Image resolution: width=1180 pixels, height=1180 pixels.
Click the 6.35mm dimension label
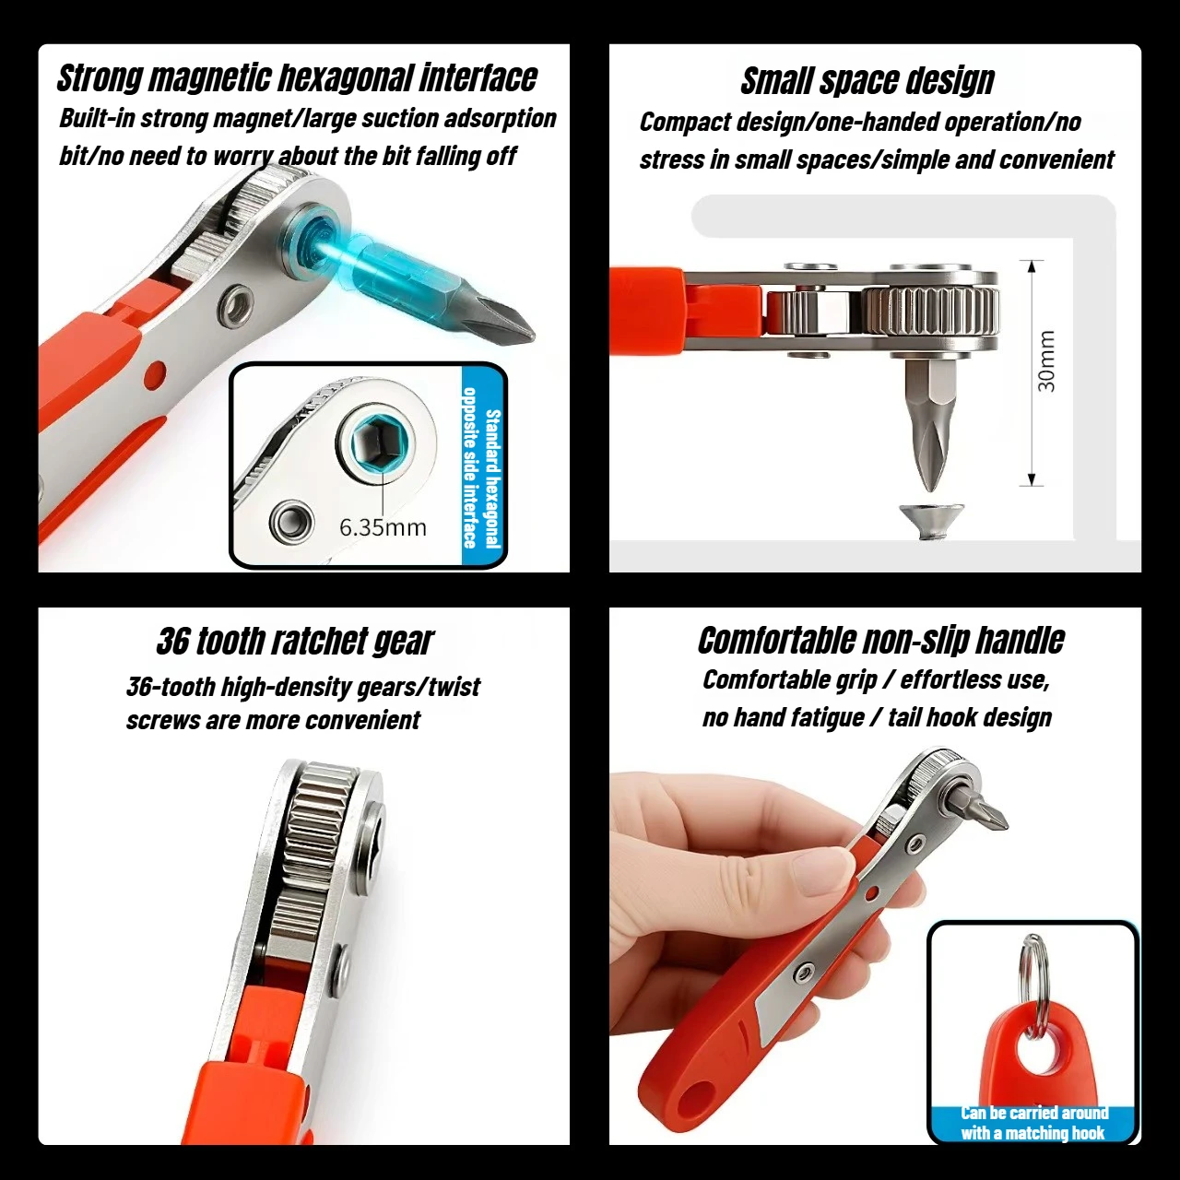point(383,527)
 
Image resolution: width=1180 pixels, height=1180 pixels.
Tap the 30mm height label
point(1047,361)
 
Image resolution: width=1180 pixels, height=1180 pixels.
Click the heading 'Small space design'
point(867,81)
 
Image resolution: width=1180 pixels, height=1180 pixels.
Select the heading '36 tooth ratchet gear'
point(295,642)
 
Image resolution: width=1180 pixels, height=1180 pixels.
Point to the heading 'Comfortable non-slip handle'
point(880,641)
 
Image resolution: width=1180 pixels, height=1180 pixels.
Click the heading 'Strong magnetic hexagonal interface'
point(297,78)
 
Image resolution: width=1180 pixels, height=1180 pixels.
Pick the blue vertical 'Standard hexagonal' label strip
point(481,466)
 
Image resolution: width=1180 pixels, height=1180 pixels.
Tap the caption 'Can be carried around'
point(1033,1113)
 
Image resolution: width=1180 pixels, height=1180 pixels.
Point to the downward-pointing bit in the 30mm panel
point(927,424)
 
